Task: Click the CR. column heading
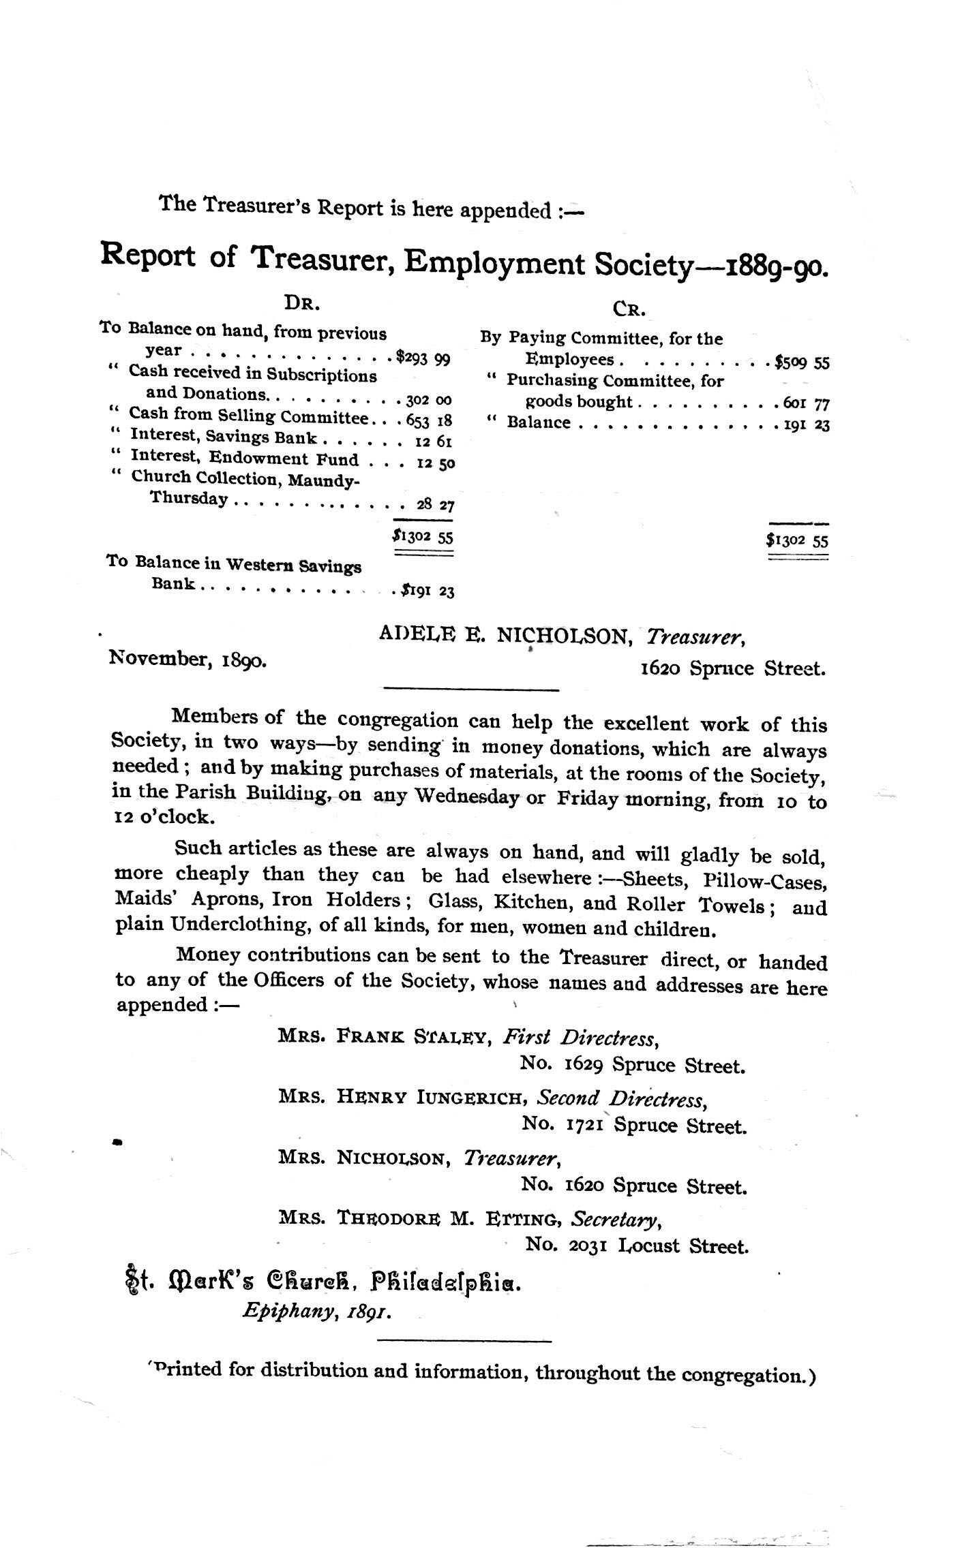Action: [x=629, y=309]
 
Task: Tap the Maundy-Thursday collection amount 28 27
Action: [x=436, y=506]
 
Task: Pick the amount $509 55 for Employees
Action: [x=802, y=362]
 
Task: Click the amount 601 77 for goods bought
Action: [x=806, y=404]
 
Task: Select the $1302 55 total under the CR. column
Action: [x=796, y=542]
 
